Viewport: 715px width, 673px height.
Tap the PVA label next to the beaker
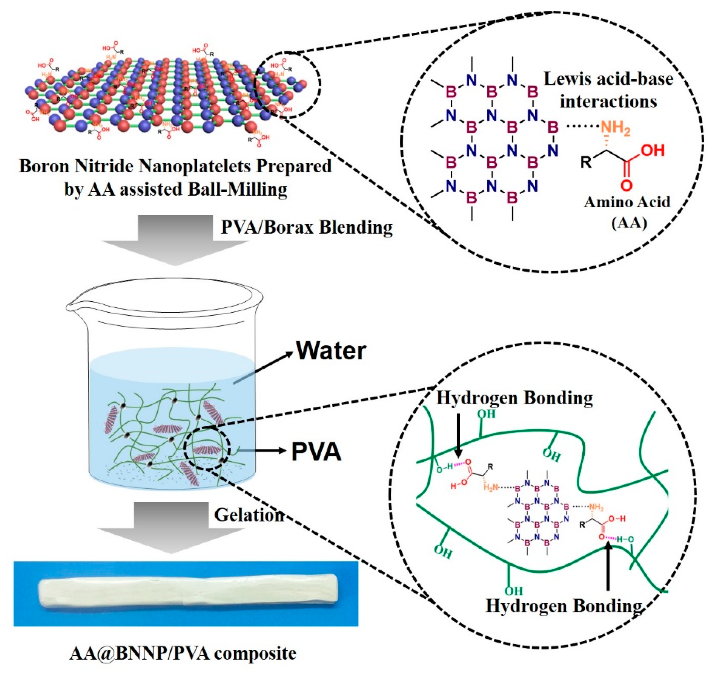(316, 452)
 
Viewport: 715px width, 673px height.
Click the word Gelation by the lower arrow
(249, 515)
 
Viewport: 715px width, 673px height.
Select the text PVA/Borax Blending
(306, 227)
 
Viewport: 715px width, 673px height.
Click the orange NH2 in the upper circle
(615, 128)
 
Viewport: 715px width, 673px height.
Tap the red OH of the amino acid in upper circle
(653, 150)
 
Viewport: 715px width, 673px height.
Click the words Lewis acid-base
(608, 78)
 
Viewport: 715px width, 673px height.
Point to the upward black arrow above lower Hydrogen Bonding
(608, 568)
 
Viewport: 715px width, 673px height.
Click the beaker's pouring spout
(72, 309)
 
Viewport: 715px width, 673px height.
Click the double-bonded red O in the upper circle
(626, 185)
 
